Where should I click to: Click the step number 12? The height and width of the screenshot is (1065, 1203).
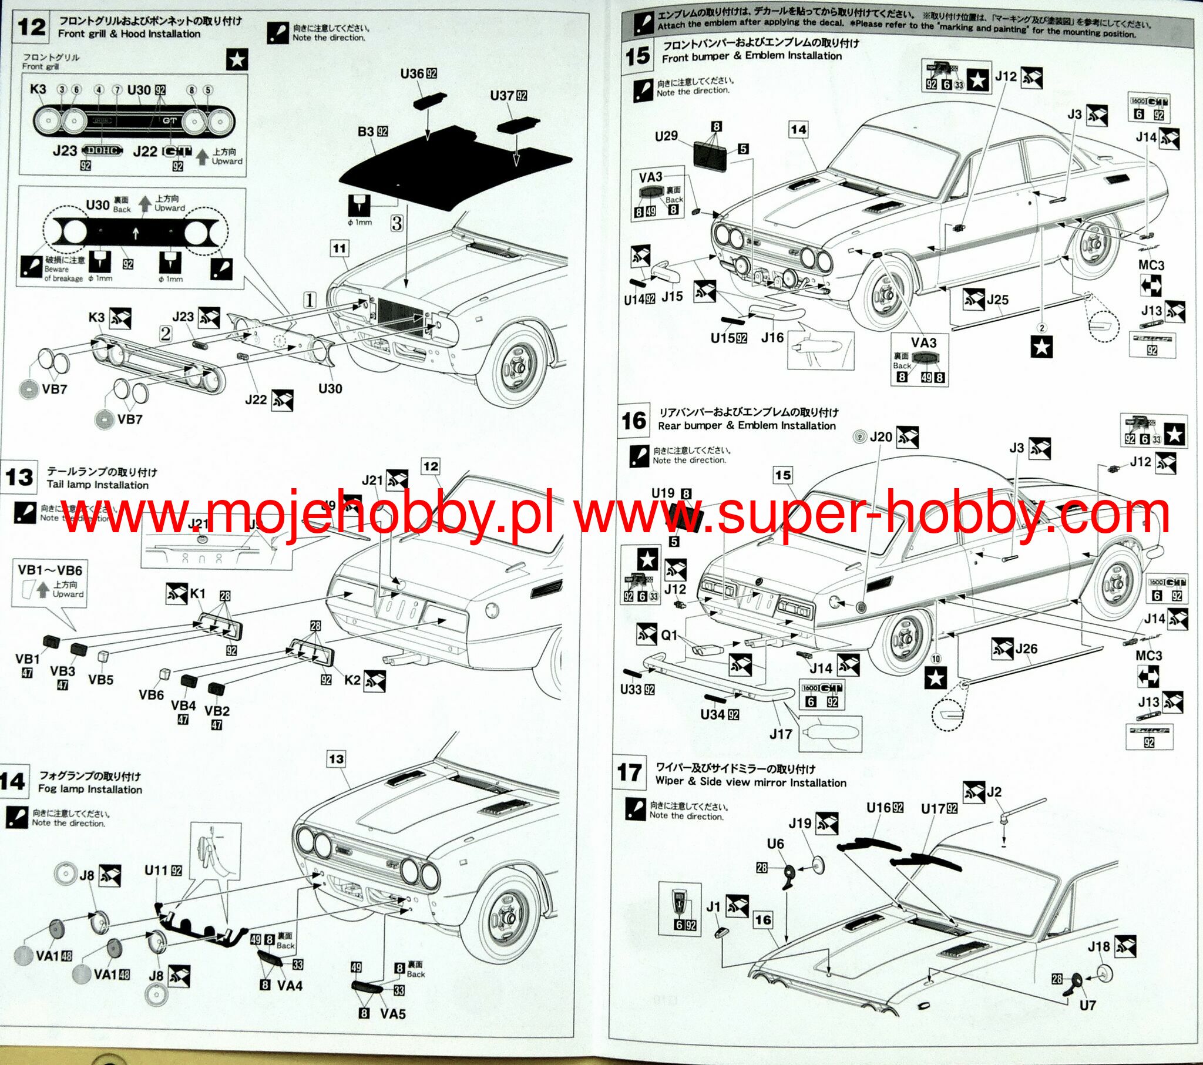tap(32, 28)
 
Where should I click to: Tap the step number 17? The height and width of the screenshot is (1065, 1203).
tap(629, 772)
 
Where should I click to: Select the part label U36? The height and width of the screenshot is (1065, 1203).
tap(412, 73)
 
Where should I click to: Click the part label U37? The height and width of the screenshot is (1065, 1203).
tap(502, 95)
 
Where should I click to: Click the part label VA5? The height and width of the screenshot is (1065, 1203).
tap(392, 1013)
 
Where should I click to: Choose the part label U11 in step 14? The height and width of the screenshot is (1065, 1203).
tap(157, 870)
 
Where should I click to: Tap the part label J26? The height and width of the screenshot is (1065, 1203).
tap(1026, 649)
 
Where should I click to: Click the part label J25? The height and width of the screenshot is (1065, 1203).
tap(997, 300)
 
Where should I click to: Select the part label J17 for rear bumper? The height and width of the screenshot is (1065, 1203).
tap(781, 734)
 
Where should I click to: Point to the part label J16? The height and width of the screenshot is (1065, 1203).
tap(772, 337)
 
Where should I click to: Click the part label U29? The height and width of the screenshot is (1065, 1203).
tap(666, 136)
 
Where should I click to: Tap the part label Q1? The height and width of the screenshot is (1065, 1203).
tap(669, 635)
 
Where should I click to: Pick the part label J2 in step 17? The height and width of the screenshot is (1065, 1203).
tap(994, 792)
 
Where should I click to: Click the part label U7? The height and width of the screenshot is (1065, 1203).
tap(1087, 1005)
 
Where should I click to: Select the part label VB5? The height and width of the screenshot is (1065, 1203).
tap(100, 680)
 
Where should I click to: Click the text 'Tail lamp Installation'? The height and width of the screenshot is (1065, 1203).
tap(98, 485)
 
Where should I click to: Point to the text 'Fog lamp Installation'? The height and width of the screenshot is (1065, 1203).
tap(90, 789)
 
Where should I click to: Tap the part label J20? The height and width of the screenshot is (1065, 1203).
tap(881, 437)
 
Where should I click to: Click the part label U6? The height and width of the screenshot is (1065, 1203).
tap(775, 844)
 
